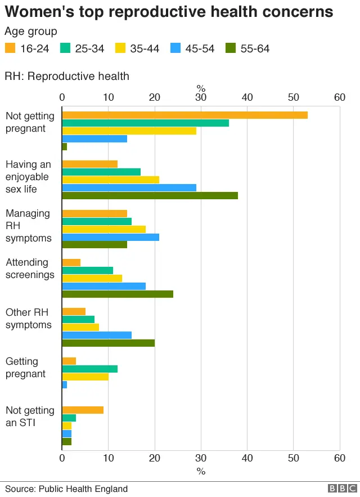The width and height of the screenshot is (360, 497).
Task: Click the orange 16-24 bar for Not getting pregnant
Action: [x=184, y=115]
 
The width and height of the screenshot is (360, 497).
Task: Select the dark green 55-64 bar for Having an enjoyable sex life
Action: [x=150, y=196]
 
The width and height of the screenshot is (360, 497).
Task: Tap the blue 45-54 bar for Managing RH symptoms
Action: [x=110, y=237]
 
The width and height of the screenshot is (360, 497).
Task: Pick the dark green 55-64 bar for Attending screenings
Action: [x=118, y=294]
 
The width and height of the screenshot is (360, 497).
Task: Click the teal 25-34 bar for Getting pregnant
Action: [x=89, y=369]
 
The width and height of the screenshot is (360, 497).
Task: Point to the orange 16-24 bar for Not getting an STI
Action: [x=83, y=410]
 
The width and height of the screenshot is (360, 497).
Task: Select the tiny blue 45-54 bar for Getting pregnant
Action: [x=65, y=384]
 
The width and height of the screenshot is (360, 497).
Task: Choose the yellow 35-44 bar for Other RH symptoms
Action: [x=80, y=327]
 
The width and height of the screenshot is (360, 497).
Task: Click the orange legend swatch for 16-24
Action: [x=10, y=48]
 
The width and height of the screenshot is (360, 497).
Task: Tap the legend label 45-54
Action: [x=200, y=48]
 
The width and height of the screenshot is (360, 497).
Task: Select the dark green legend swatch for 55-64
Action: [x=230, y=48]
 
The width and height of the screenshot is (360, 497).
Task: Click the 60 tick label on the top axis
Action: [x=339, y=97]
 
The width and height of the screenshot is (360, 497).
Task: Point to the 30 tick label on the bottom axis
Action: [x=201, y=458]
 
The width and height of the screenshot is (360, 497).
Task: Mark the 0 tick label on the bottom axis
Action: [x=62, y=458]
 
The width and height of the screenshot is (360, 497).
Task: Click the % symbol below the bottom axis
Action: [x=201, y=471]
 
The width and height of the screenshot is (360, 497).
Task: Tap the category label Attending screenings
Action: [x=30, y=268]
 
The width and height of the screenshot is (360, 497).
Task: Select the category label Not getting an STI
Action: [x=30, y=417]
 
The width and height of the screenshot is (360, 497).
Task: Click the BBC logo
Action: [x=342, y=489]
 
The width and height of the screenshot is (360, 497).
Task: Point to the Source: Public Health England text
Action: [x=66, y=489]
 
